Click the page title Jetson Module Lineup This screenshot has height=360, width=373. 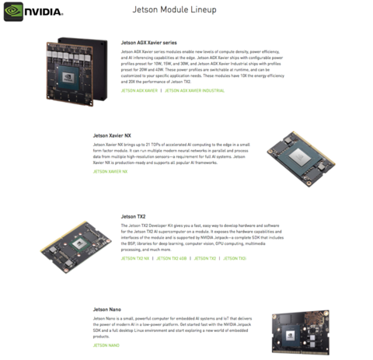click(186, 10)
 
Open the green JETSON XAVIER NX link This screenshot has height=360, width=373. click(110, 171)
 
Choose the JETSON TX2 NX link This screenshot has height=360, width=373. click(136, 257)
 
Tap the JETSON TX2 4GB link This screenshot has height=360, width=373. click(171, 257)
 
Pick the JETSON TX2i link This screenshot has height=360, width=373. click(235, 257)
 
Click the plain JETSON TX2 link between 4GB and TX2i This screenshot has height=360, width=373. click(205, 257)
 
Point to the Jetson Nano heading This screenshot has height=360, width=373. click(106, 309)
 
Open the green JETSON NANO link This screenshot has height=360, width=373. click(106, 344)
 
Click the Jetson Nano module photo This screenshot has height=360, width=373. click(306, 333)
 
